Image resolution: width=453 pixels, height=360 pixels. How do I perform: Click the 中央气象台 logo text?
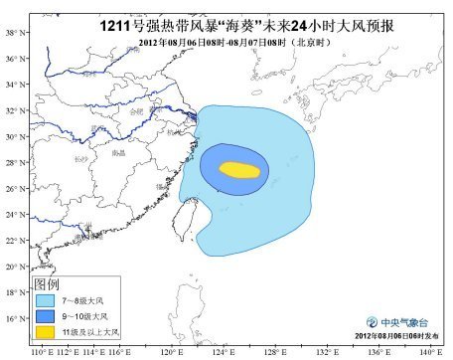(403, 322)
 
